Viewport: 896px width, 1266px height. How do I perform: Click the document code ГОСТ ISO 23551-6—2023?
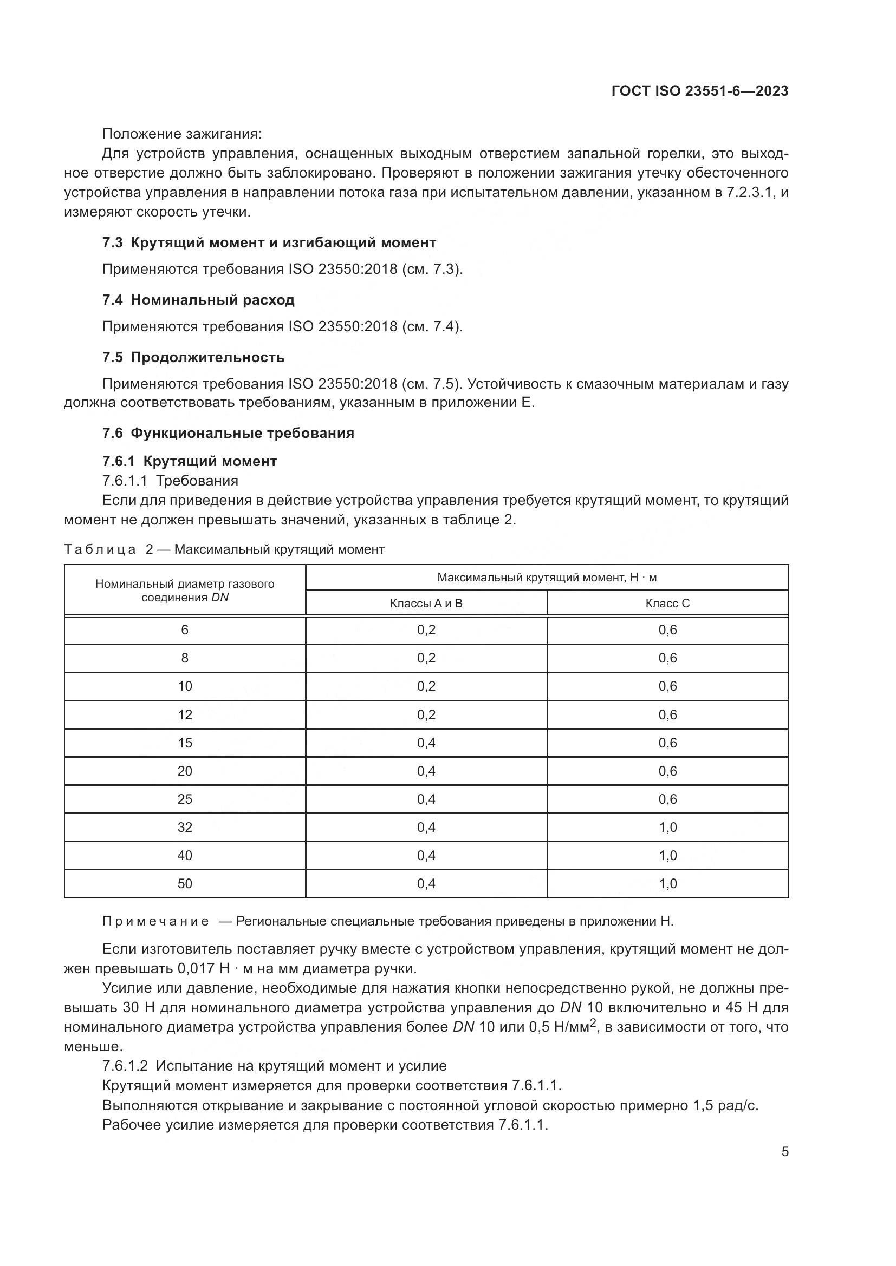pyautogui.click(x=699, y=91)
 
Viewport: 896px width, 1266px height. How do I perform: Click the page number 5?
pyautogui.click(x=784, y=1151)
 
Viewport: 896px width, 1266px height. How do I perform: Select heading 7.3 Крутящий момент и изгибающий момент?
pyautogui.click(x=269, y=242)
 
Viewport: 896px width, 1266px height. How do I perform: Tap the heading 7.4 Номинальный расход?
pyautogui.click(x=198, y=300)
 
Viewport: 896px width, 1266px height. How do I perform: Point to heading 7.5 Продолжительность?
pyautogui.click(x=193, y=357)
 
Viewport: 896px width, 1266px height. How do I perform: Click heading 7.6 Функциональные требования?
pyautogui.click(x=228, y=433)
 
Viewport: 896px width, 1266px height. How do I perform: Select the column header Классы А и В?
pyautogui.click(x=426, y=603)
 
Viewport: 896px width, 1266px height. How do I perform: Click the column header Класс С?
pyautogui.click(x=667, y=603)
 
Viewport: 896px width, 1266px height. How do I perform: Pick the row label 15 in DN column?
pyautogui.click(x=185, y=743)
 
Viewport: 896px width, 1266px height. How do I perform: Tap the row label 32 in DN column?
pyautogui.click(x=185, y=827)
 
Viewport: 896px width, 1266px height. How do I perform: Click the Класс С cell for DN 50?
pyautogui.click(x=667, y=883)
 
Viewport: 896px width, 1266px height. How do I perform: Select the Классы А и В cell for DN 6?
pyautogui.click(x=426, y=629)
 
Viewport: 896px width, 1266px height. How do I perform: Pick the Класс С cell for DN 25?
pyautogui.click(x=667, y=799)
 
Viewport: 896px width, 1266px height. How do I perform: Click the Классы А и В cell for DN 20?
pyautogui.click(x=426, y=771)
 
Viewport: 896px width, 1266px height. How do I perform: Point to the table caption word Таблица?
pyautogui.click(x=100, y=549)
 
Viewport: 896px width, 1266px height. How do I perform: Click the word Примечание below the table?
pyautogui.click(x=155, y=921)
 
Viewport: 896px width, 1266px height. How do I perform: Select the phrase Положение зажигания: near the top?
pyautogui.click(x=182, y=134)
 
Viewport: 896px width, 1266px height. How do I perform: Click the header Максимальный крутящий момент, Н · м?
pyautogui.click(x=547, y=578)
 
